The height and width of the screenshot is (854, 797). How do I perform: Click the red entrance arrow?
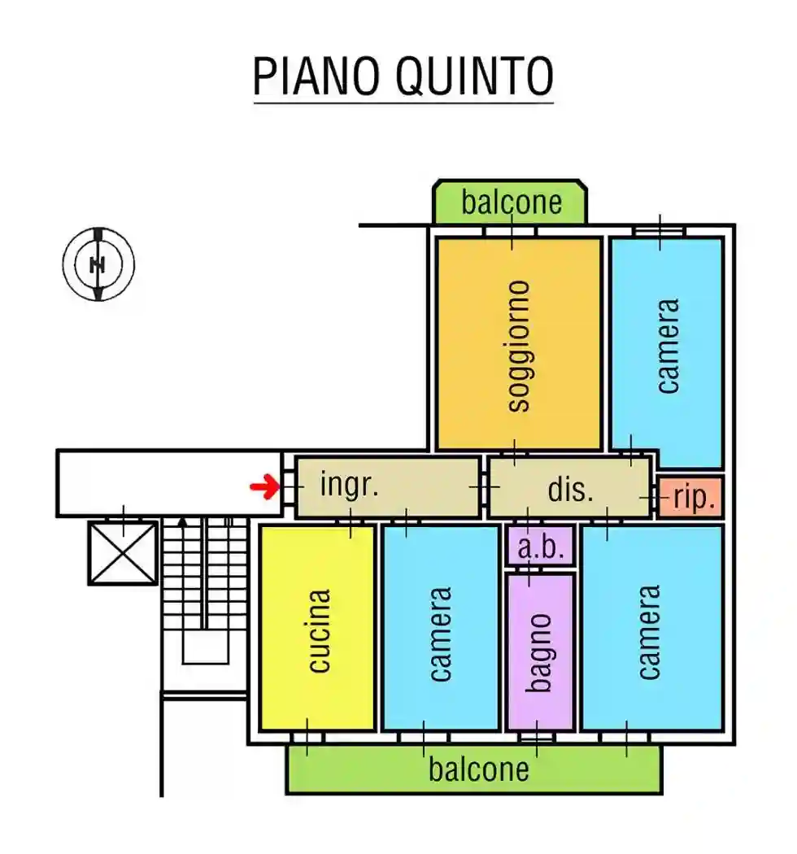point(263,487)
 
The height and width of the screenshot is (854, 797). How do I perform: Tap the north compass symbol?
point(98,264)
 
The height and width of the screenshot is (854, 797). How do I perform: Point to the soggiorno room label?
point(518,346)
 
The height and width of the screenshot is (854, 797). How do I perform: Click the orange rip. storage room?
point(690,496)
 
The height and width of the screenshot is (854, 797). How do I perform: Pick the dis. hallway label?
point(571,490)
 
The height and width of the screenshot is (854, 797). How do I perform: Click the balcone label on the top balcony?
point(512,202)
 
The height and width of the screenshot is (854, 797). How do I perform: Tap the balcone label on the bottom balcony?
point(479,769)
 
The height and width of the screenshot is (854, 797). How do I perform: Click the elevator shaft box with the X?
point(123,553)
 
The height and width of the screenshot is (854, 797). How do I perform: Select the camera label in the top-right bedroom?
point(667,346)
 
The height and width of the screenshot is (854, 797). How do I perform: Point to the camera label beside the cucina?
point(440,634)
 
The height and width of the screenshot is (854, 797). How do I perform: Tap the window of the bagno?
point(537,737)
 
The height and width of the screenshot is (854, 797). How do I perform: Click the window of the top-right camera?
point(660,231)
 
